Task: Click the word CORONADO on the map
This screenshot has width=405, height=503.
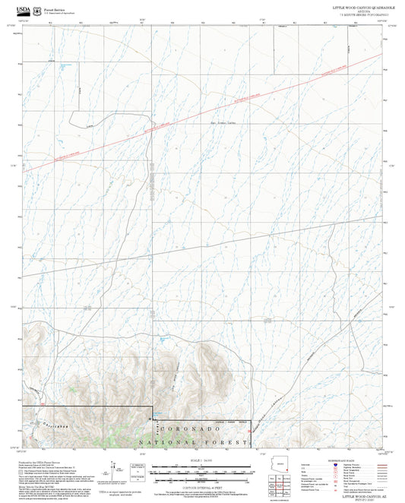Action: pos(201,429)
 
